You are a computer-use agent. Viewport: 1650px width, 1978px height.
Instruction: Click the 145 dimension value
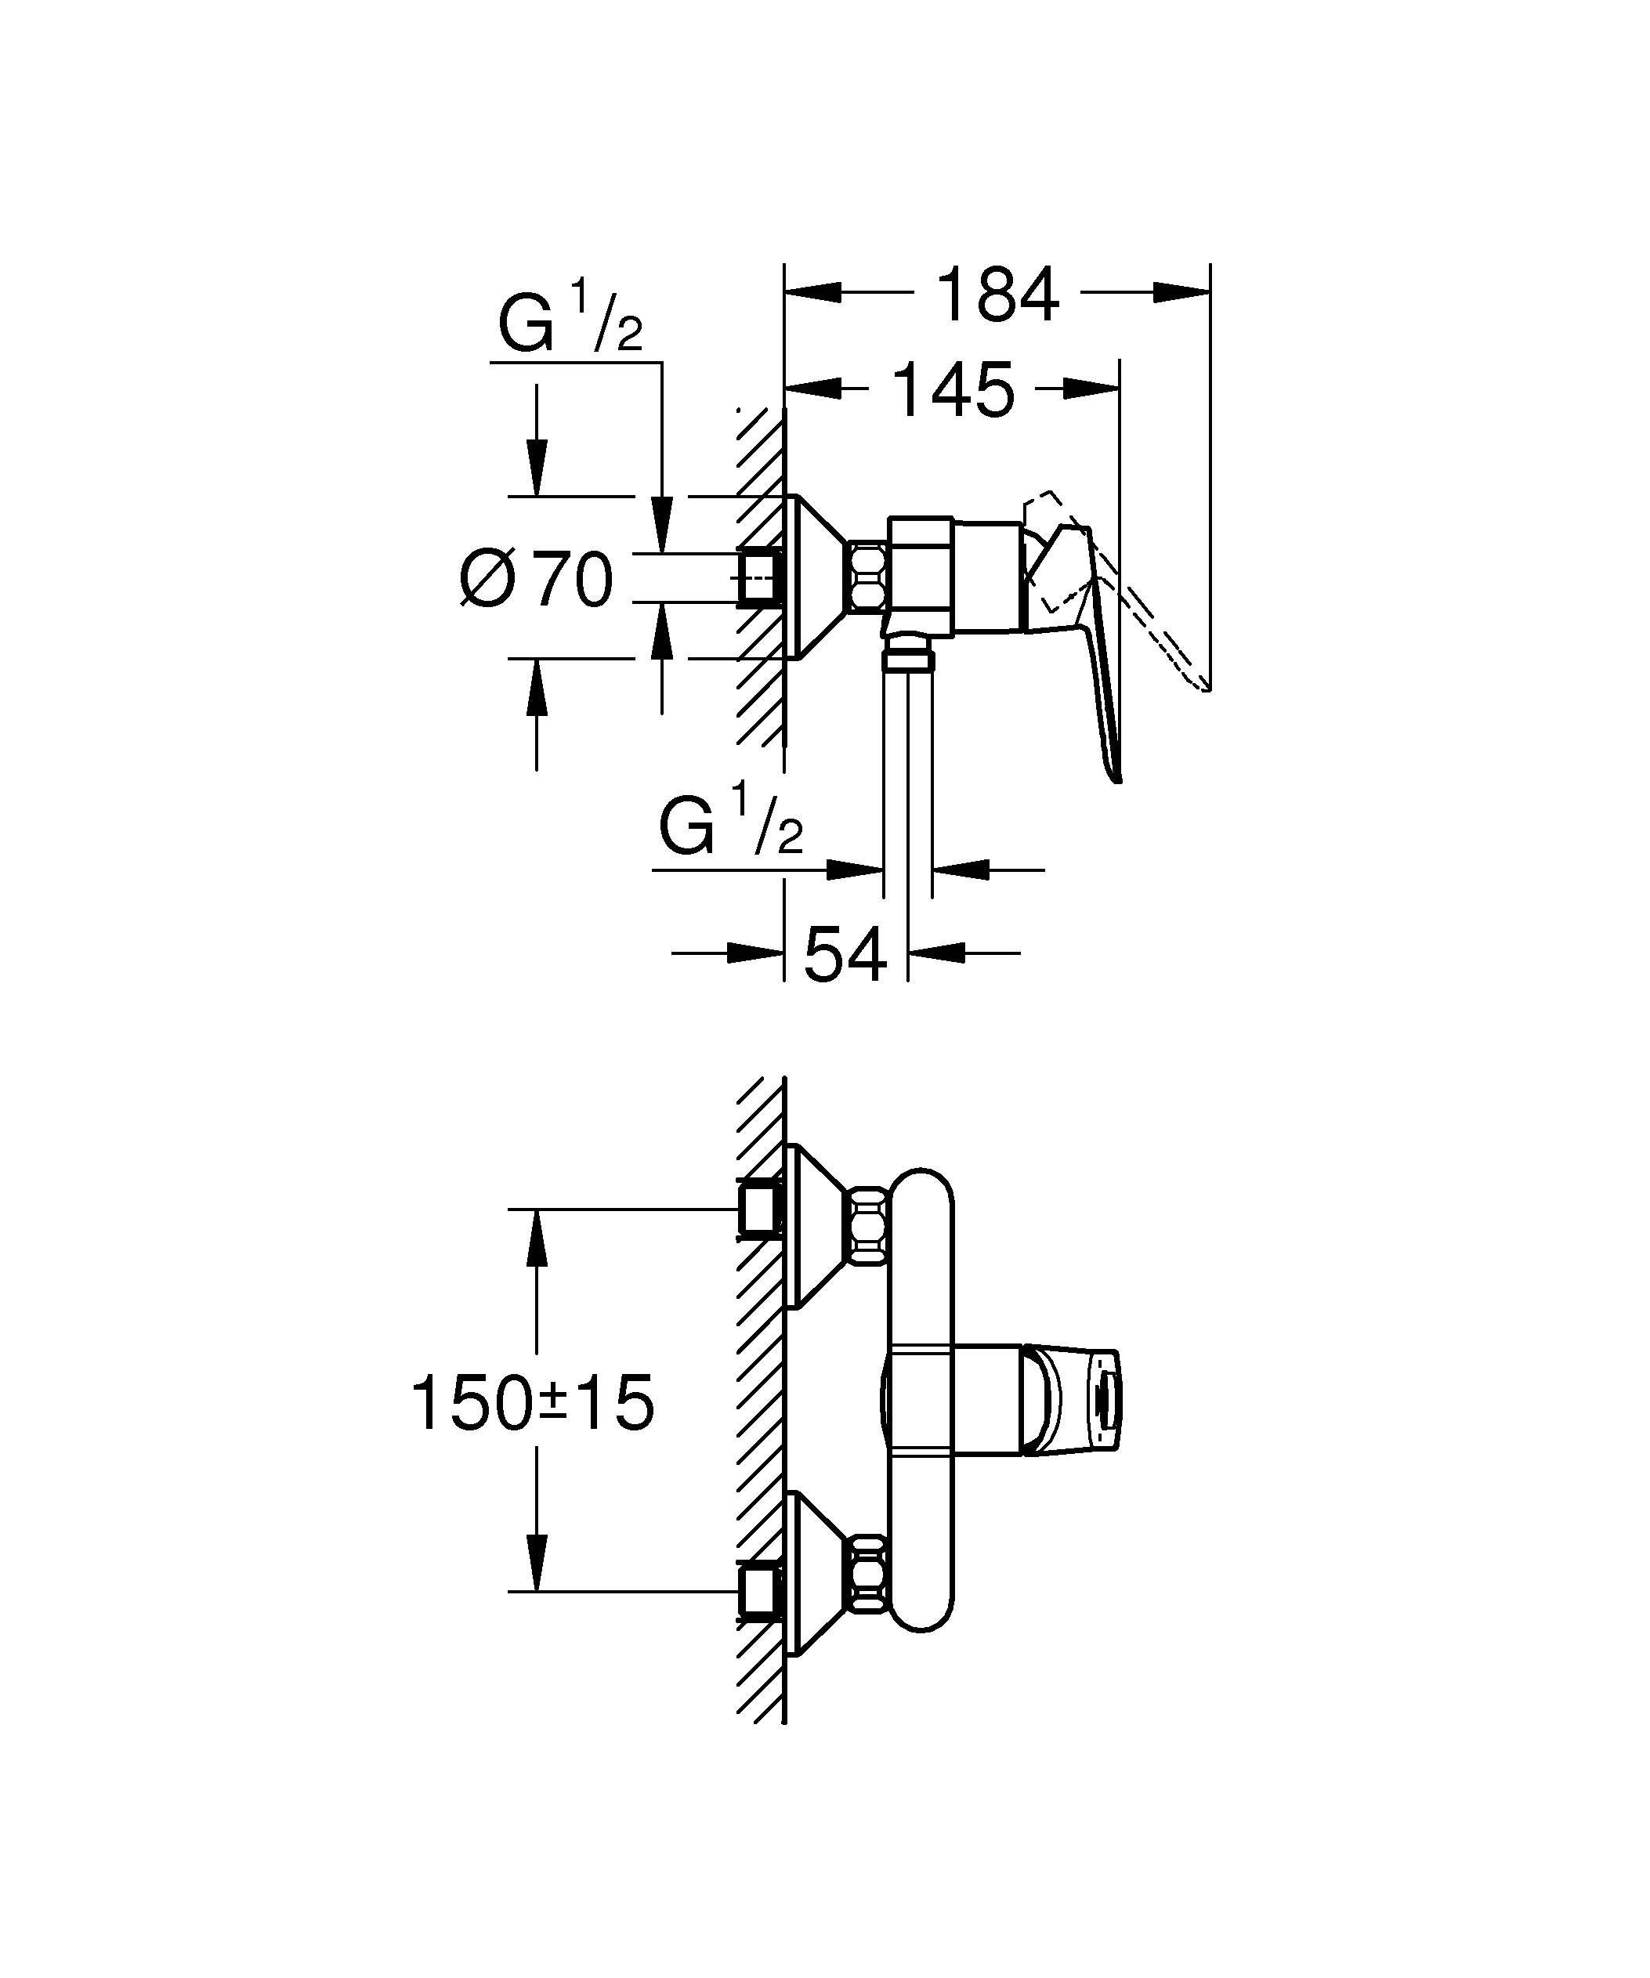(x=953, y=389)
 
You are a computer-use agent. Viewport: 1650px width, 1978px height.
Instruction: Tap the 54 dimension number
(x=845, y=954)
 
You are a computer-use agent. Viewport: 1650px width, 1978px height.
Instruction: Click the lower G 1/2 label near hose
(x=731, y=826)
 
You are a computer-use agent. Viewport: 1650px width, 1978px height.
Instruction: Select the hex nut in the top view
(x=868, y=577)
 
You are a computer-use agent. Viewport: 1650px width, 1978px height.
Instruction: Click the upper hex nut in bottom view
(x=868, y=1221)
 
